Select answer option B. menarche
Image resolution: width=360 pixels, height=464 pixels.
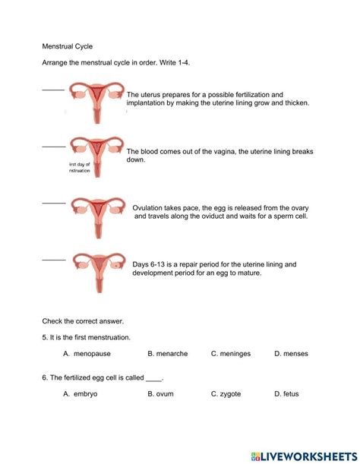tap(168, 354)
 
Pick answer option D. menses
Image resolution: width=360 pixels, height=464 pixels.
tap(291, 354)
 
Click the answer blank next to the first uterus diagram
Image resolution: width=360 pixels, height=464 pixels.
tap(53, 89)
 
